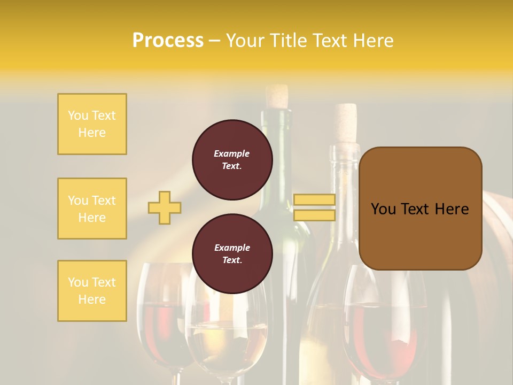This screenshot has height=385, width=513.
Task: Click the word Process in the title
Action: (x=168, y=41)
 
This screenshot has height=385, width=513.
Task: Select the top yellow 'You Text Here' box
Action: (x=92, y=124)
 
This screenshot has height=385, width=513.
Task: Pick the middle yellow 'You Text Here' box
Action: (x=92, y=209)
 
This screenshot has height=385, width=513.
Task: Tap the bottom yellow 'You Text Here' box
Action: (x=92, y=291)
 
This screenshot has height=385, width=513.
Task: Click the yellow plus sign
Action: (x=165, y=207)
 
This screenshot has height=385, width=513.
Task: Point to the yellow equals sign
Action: (x=314, y=207)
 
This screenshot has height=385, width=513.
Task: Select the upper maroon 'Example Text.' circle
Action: (x=232, y=160)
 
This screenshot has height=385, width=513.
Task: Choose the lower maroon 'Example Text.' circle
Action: (x=232, y=254)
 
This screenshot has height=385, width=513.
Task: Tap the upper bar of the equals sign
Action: (x=314, y=200)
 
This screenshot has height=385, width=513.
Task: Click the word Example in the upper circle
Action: (x=232, y=153)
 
